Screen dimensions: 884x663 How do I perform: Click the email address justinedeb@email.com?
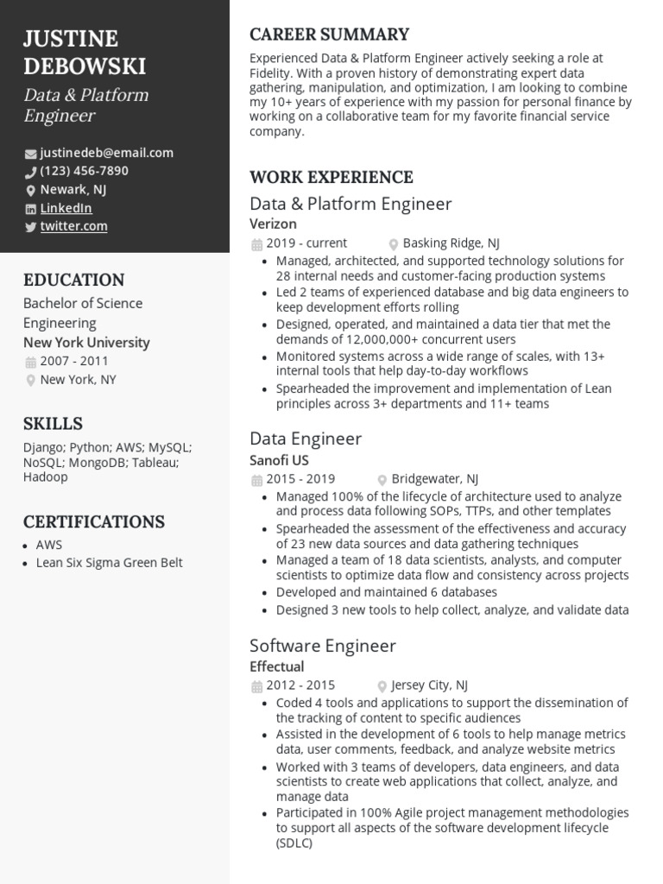(x=106, y=153)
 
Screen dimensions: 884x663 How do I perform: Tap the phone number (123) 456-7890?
(x=84, y=171)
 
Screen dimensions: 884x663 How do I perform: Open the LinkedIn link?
(x=66, y=208)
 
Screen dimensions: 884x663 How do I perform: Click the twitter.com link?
(x=73, y=226)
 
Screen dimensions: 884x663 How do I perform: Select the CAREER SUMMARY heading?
(x=329, y=35)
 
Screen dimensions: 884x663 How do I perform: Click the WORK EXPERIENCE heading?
(x=331, y=177)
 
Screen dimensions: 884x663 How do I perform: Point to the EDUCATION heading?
(x=73, y=280)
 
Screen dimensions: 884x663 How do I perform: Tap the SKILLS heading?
(x=53, y=423)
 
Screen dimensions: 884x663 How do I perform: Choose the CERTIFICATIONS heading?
(x=93, y=521)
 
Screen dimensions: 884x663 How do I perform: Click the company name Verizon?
(x=273, y=224)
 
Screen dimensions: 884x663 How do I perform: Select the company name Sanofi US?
(x=279, y=460)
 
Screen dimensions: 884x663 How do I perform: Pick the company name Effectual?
(x=276, y=666)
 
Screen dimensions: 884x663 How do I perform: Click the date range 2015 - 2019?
(x=300, y=479)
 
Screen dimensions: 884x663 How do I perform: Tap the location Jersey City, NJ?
(x=429, y=685)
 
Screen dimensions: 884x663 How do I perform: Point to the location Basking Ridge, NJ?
(x=451, y=243)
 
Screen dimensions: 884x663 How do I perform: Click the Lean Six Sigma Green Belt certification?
(x=109, y=563)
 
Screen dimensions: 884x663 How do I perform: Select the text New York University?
(x=86, y=343)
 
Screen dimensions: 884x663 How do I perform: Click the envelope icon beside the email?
(x=31, y=154)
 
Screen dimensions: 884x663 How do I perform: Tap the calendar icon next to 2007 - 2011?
(x=31, y=362)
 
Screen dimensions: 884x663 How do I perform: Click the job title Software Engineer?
(x=322, y=646)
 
